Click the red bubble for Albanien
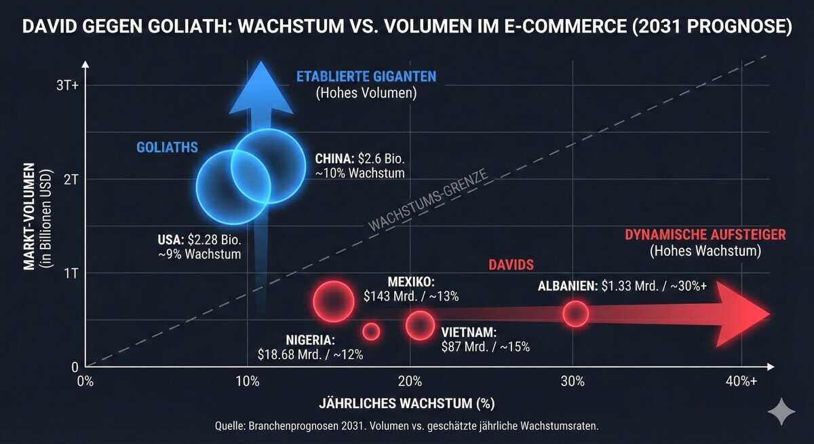[575, 314]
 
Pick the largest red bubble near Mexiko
[334, 301]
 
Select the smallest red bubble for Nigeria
[371, 331]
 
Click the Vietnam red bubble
[421, 325]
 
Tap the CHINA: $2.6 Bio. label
[360, 160]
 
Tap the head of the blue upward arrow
[260, 88]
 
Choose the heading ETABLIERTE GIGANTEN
[366, 76]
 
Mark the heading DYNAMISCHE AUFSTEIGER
[705, 235]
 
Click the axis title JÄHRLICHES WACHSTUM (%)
[406, 403]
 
